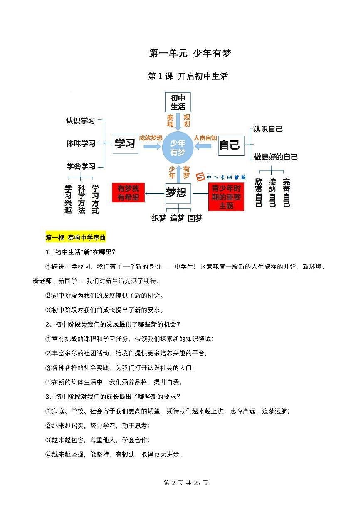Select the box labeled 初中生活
[x=178, y=102]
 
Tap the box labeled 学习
[x=125, y=144]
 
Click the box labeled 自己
[x=230, y=145]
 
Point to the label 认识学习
[x=80, y=121]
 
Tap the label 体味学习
[x=81, y=143]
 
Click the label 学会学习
[x=81, y=166]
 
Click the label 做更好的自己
[x=276, y=157]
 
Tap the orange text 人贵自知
[x=205, y=138]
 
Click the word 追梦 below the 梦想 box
[x=177, y=218]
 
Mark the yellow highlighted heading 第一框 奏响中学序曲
[x=76, y=238]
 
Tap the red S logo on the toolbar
[x=201, y=177]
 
